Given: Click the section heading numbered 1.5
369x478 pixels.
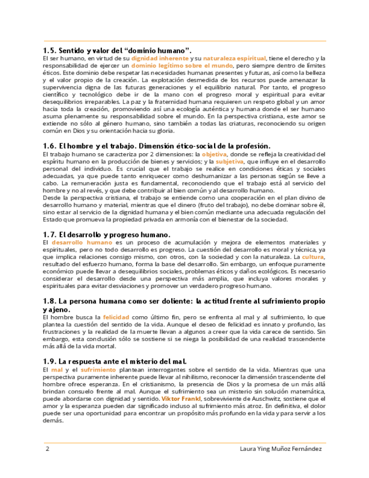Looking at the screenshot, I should click(x=118, y=50).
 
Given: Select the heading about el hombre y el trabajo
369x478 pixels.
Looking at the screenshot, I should click(x=157, y=145).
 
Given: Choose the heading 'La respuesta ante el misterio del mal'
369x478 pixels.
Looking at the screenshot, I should click(x=115, y=361).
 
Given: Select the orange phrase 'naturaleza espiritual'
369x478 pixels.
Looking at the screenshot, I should click(x=226, y=58).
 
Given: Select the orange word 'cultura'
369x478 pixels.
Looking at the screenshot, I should click(x=313, y=256).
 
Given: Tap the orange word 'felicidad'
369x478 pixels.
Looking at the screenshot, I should click(x=116, y=317).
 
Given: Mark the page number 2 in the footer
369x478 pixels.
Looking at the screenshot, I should click(x=47, y=449).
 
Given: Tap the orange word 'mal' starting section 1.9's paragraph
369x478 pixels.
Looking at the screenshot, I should click(x=56, y=369).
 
